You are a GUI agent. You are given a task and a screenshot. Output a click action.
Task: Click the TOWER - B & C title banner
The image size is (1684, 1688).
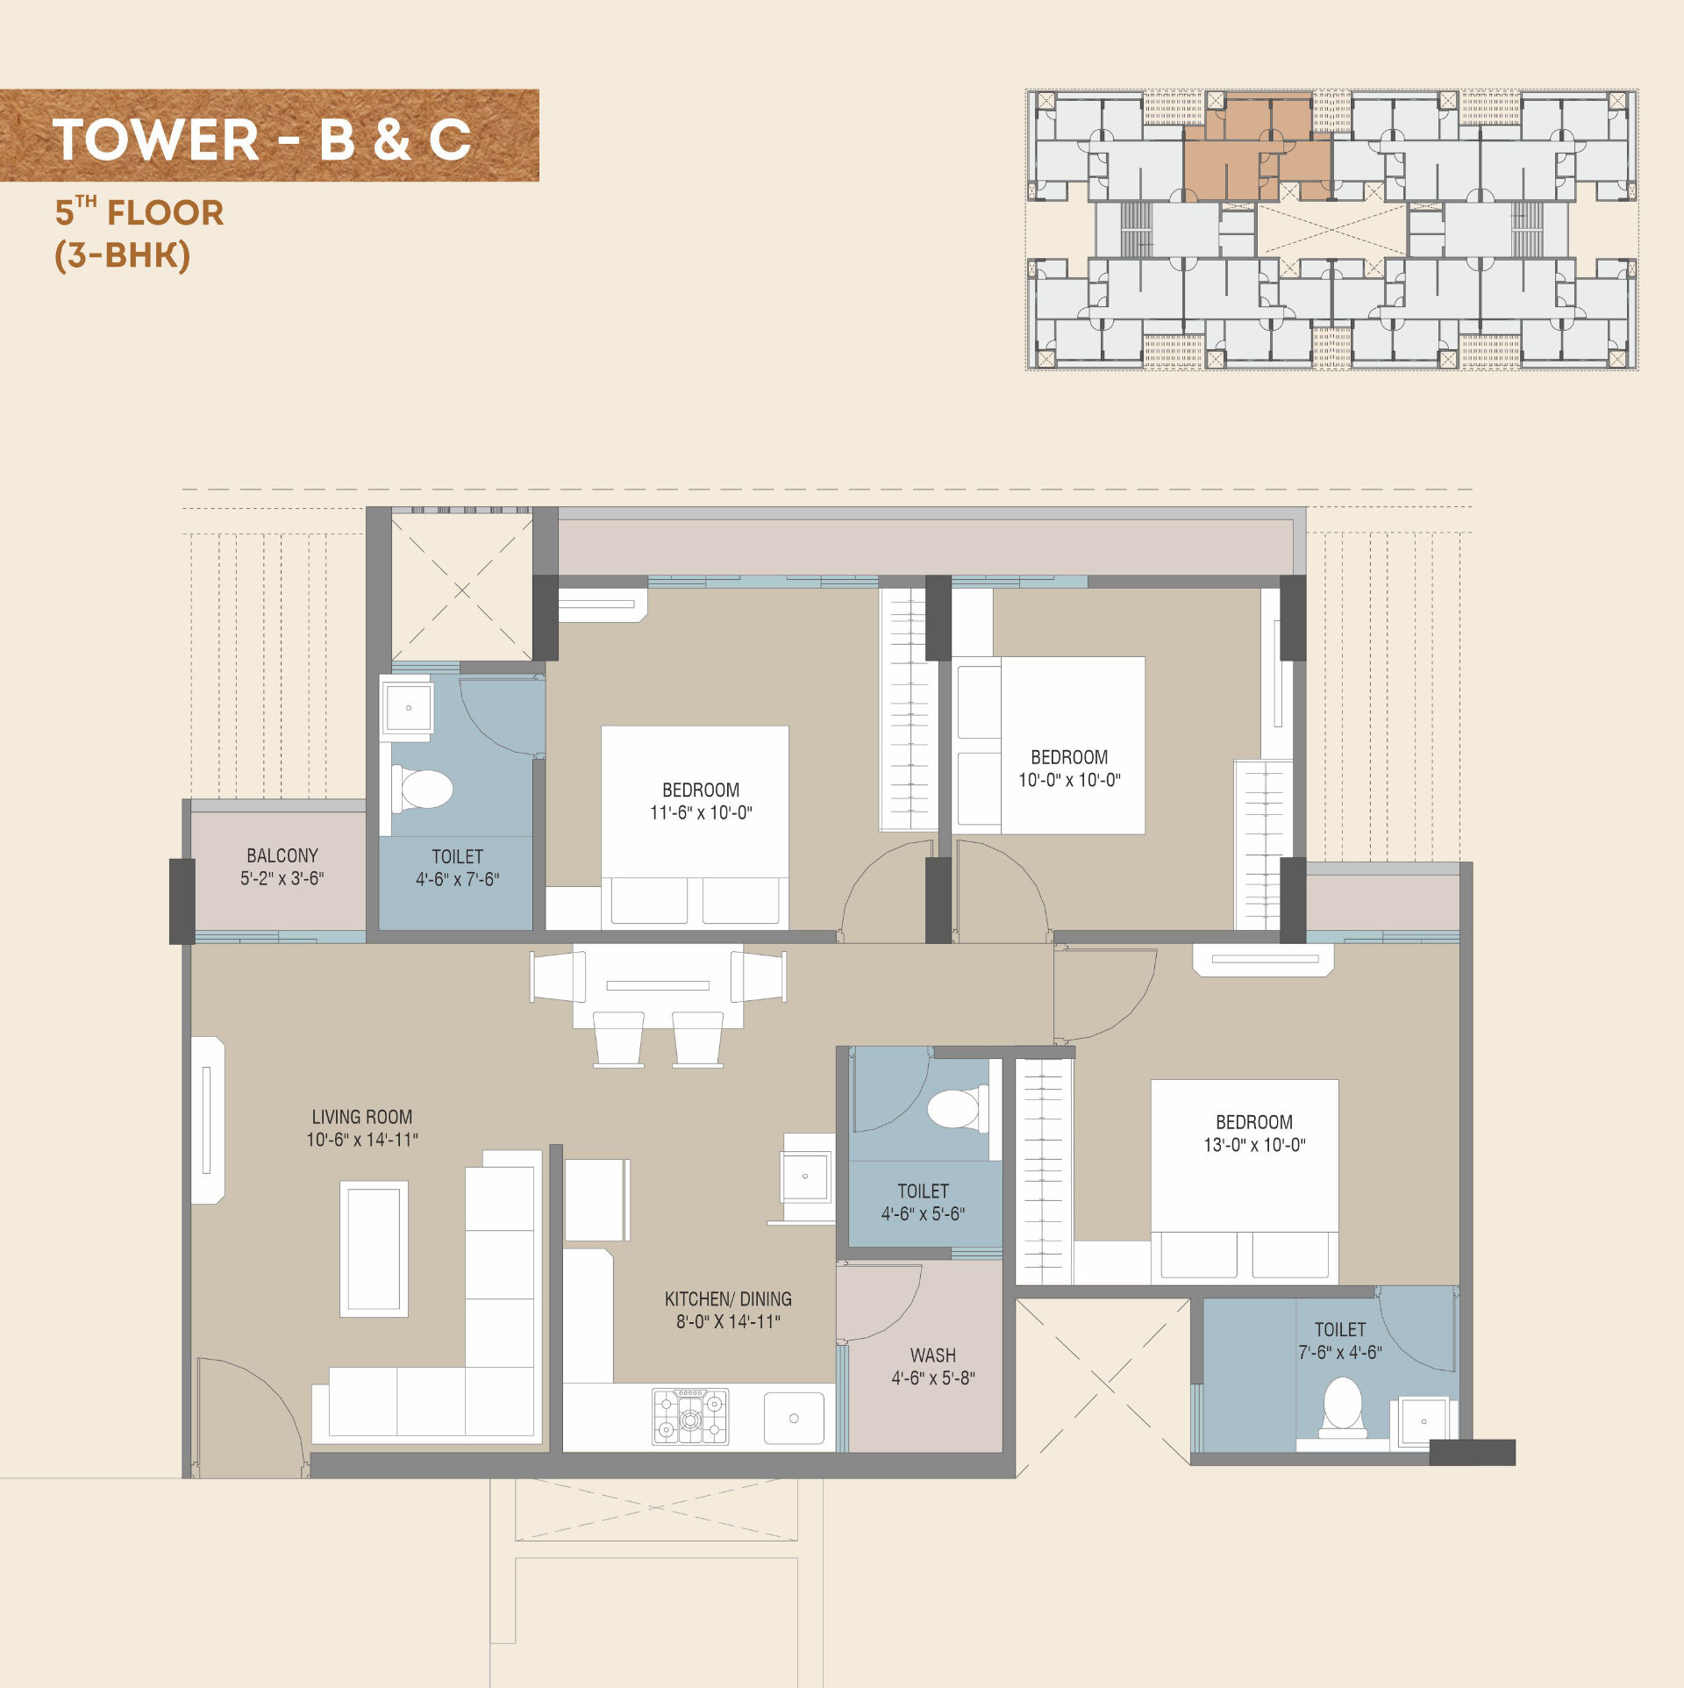(269, 135)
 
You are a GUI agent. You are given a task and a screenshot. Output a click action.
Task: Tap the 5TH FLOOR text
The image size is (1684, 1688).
(139, 211)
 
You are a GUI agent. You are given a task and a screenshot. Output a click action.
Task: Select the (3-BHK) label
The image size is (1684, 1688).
(122, 255)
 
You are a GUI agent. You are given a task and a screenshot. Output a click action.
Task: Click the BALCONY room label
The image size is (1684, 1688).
(282, 855)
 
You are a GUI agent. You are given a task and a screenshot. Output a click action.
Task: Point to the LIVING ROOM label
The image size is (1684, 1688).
(362, 1117)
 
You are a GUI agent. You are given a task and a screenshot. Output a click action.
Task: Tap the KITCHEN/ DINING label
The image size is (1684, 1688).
(728, 1299)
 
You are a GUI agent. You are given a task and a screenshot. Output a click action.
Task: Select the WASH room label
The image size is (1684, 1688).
(933, 1355)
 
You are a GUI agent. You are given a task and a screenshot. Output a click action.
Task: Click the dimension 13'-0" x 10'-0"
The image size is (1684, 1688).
(1254, 1145)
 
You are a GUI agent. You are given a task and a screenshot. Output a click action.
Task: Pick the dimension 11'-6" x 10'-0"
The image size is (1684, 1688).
(701, 812)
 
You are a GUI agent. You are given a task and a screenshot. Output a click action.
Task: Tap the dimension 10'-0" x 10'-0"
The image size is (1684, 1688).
(1069, 780)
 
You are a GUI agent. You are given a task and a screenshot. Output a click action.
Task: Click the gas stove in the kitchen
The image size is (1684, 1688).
(690, 1416)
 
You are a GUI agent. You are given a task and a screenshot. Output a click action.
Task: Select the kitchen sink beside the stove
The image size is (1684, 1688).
(794, 1419)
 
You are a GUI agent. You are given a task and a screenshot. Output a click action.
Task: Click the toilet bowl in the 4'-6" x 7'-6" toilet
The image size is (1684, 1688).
(422, 789)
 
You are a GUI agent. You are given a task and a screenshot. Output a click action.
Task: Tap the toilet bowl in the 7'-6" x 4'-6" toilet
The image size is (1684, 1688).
(1342, 1406)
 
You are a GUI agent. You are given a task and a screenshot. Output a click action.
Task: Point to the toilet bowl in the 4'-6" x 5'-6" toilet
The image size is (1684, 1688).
(958, 1109)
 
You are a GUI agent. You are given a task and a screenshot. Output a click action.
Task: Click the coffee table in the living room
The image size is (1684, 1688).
(374, 1248)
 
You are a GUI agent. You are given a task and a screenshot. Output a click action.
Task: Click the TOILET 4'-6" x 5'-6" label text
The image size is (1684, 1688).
(923, 1202)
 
